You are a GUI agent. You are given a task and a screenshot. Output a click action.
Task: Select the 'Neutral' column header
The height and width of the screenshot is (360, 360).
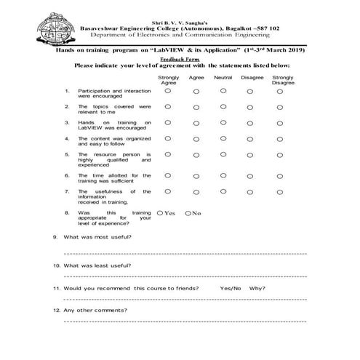pyautogui.click(x=223, y=76)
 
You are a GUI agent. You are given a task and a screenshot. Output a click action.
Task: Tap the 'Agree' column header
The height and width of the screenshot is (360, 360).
pyautogui.click(x=196, y=76)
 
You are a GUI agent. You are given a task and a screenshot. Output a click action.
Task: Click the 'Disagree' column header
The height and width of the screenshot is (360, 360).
pyautogui.click(x=252, y=76)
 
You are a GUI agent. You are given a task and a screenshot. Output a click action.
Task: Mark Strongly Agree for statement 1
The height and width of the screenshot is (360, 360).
pyautogui.click(x=168, y=91)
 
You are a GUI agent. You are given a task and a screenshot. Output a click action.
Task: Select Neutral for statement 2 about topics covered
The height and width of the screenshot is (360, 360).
pyautogui.click(x=223, y=107)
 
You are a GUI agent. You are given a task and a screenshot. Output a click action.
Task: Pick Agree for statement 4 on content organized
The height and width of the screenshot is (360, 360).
pyautogui.click(x=196, y=138)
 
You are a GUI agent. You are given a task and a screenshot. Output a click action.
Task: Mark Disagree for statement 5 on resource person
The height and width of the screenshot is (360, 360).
pyautogui.click(x=251, y=154)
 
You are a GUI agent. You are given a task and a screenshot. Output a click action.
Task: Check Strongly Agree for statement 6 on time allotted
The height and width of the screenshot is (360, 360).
pyautogui.click(x=168, y=175)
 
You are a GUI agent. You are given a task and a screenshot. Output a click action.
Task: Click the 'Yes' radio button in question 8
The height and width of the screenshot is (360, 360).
pyautogui.click(x=161, y=213)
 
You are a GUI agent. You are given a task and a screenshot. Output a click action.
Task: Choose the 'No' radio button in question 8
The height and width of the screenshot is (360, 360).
pyautogui.click(x=188, y=213)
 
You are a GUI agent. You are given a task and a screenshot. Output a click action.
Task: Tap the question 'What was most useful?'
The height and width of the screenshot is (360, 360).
pyautogui.click(x=97, y=238)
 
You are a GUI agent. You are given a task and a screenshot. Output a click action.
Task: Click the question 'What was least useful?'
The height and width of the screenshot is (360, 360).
pyautogui.click(x=97, y=265)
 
